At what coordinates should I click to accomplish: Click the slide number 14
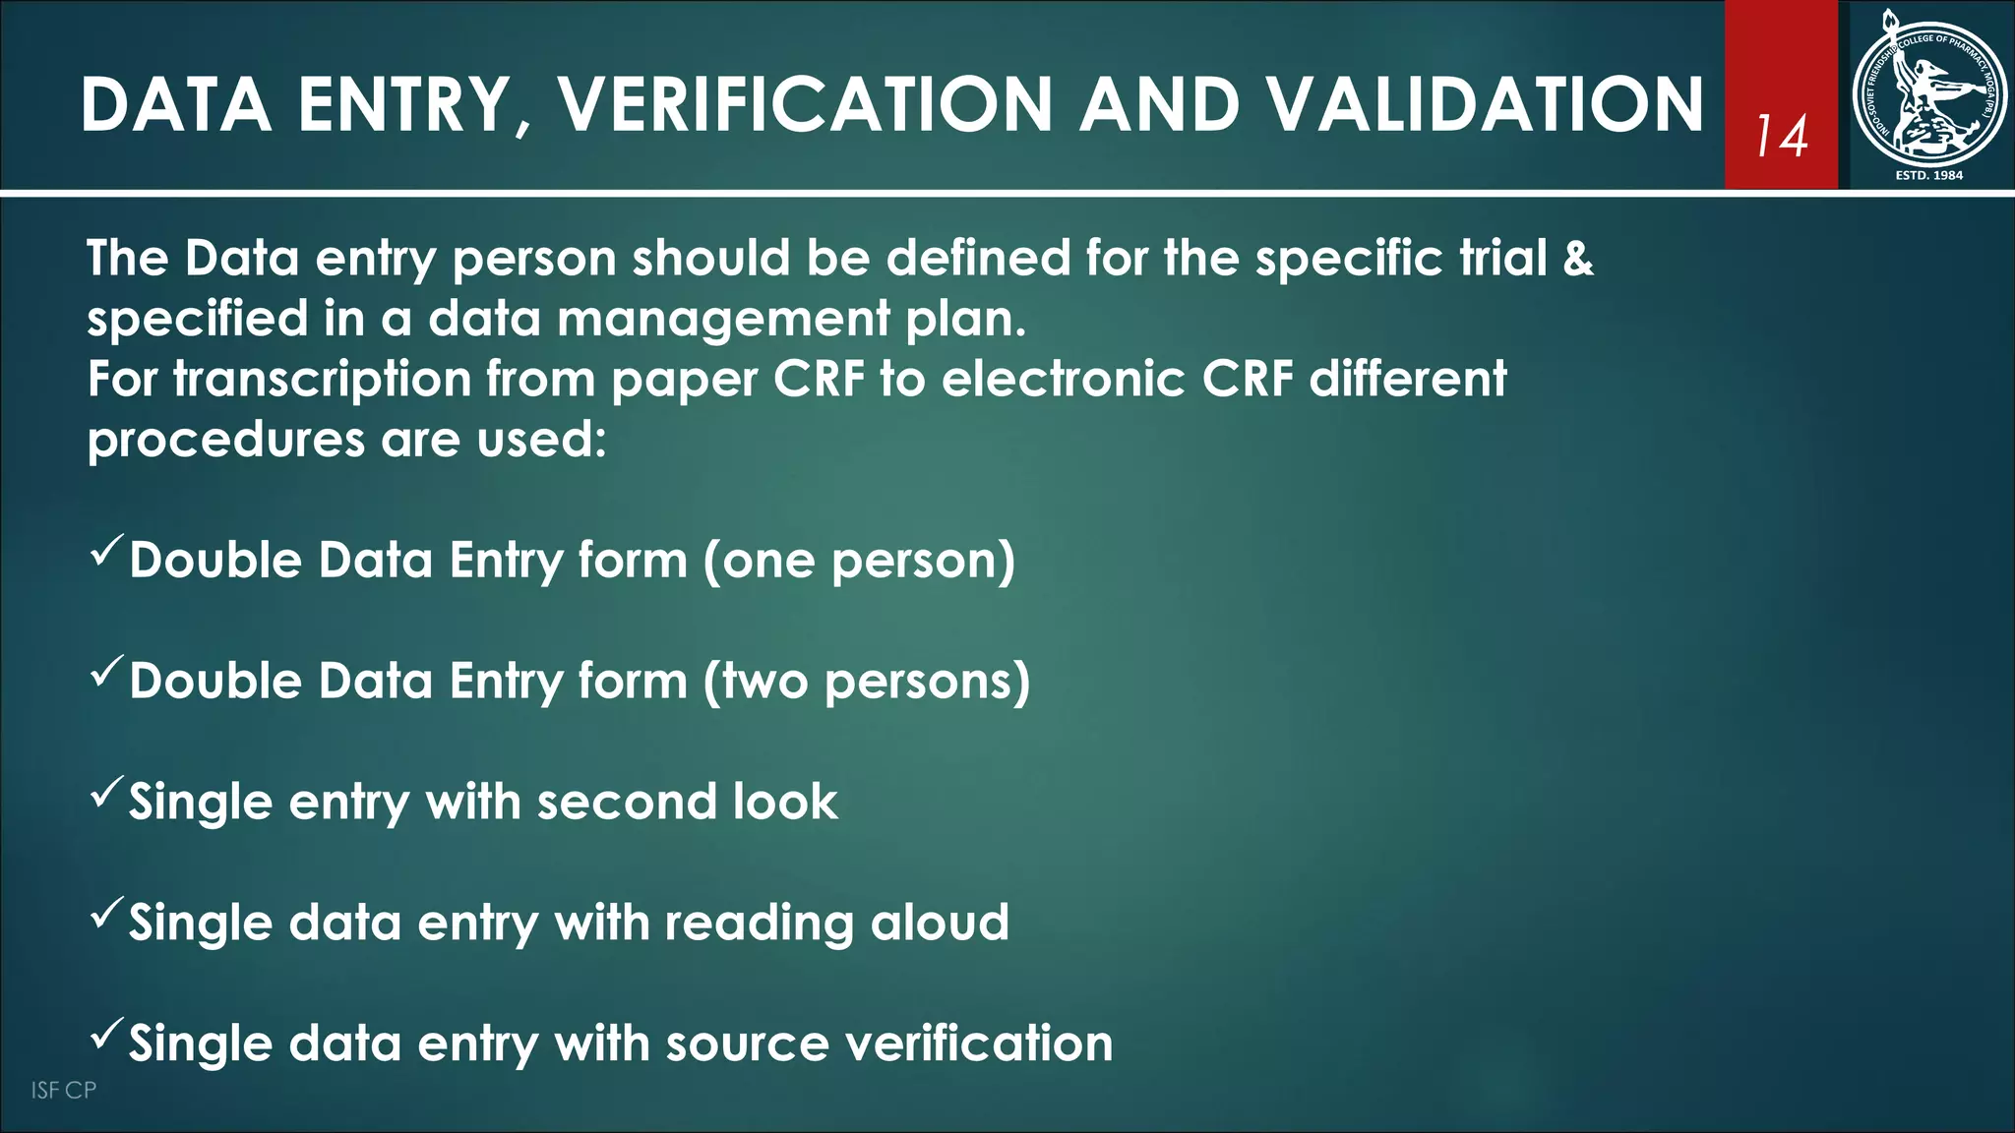coord(1782,137)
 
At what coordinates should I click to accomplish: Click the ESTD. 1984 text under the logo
coord(1928,175)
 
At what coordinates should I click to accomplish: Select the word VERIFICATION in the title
coord(806,104)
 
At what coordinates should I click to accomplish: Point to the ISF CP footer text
coord(64,1090)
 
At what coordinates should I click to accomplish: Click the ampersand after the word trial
coord(1577,259)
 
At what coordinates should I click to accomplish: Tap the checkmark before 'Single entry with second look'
coord(106,792)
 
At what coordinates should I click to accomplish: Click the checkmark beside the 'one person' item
coord(106,550)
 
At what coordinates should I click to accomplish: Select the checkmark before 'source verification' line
coord(106,1034)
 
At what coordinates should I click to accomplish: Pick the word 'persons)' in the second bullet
coord(927,682)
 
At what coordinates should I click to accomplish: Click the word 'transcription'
coord(323,380)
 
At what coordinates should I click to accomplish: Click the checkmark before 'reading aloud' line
coord(106,913)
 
